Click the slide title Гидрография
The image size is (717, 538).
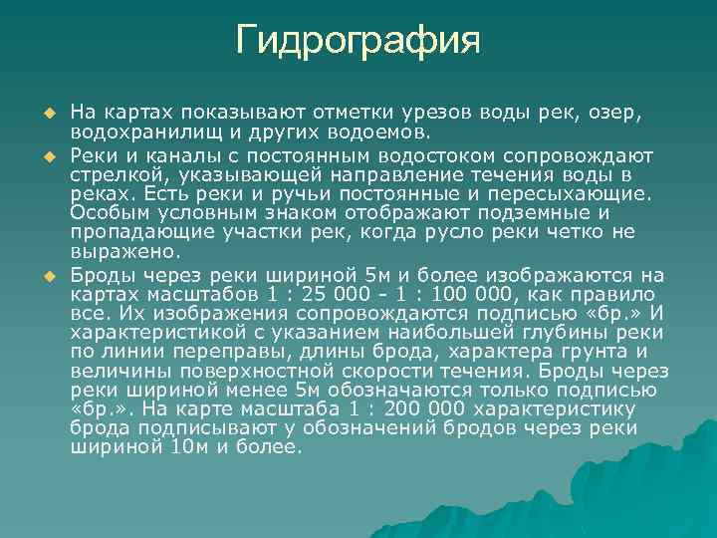pos(358,41)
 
